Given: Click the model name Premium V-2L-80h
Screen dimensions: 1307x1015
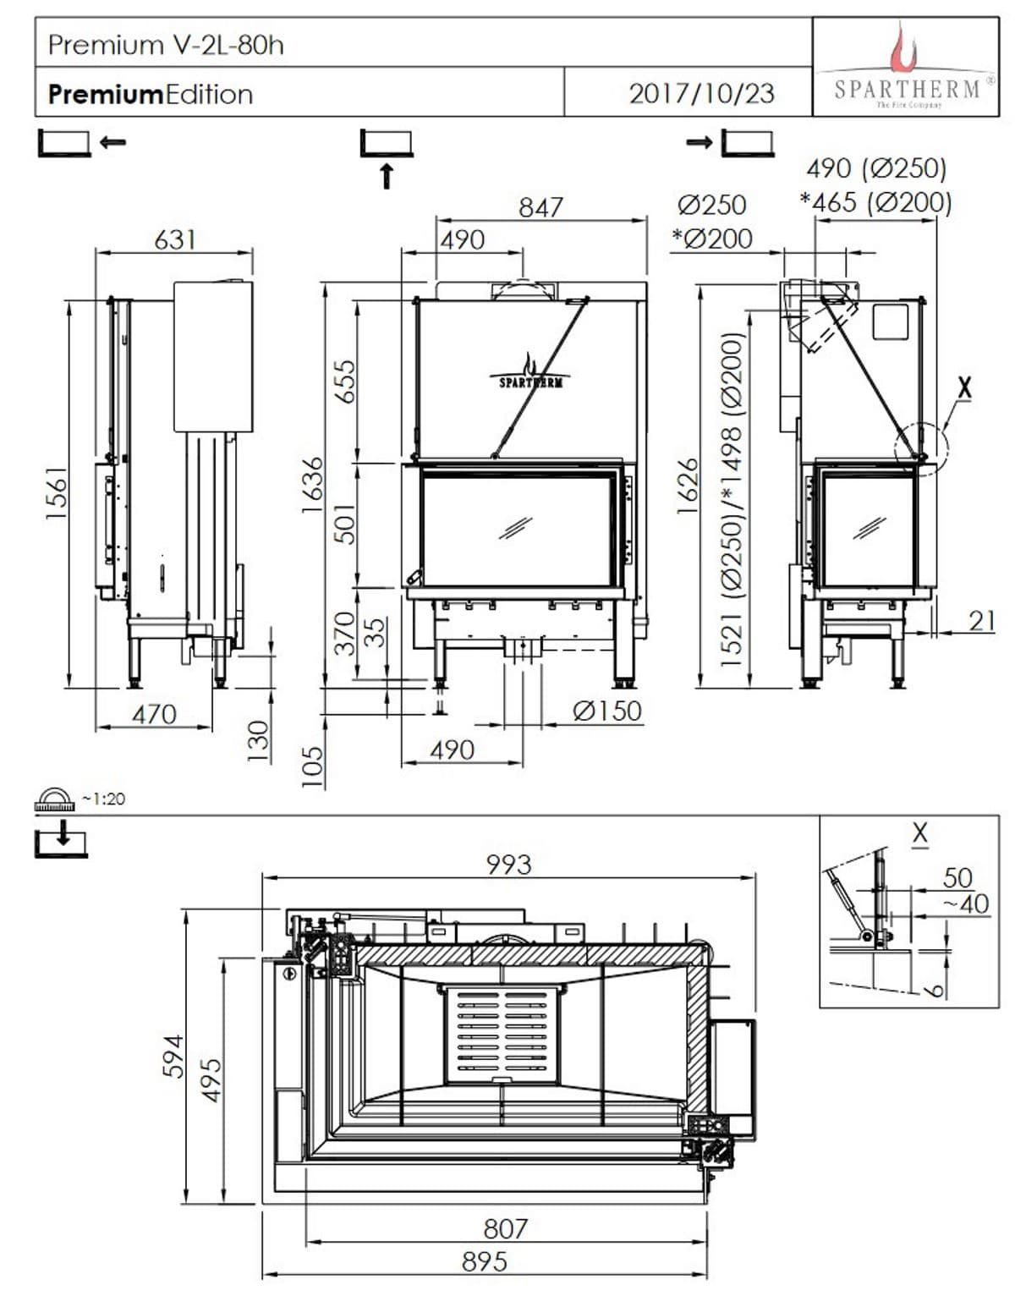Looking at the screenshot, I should [166, 44].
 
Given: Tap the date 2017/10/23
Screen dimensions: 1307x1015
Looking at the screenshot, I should [701, 92].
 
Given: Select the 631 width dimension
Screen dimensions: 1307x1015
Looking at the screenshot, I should [175, 239].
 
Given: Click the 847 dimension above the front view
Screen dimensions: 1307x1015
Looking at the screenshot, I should [540, 207].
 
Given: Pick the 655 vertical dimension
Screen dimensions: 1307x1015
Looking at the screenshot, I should [344, 382].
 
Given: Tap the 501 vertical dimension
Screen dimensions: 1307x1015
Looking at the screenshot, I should [344, 524].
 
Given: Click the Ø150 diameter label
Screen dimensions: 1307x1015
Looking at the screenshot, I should [606, 711].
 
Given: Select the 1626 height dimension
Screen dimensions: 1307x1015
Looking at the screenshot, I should [689, 485].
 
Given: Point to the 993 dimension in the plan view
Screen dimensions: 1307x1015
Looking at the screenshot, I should [508, 864].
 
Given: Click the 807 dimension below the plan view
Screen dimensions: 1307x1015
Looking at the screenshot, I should [505, 1227].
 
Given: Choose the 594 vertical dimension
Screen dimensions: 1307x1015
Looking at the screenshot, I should [173, 1056].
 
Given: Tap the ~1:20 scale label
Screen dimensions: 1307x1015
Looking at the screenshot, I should [103, 799].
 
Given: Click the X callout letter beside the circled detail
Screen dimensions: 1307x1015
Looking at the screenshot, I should [963, 388].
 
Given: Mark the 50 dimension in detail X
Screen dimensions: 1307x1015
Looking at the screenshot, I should [957, 877].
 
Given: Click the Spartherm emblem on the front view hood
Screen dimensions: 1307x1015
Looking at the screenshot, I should [530, 373].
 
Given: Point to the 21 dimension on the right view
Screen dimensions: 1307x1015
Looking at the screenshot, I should [981, 621].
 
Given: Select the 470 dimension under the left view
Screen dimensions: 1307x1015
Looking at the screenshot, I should [154, 715].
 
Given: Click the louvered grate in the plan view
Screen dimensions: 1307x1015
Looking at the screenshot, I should [502, 1034].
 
